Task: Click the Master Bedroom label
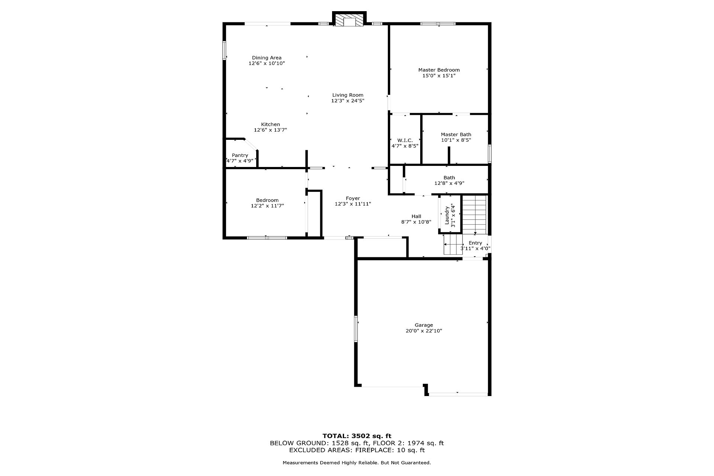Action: [439, 70]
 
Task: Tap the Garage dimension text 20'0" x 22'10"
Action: [424, 331]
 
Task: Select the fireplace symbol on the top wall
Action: [350, 20]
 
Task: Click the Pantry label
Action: [240, 155]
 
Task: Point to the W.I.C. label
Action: [405, 141]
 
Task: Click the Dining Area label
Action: [267, 58]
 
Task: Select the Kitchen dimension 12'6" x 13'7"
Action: [270, 130]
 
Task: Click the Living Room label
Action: [348, 95]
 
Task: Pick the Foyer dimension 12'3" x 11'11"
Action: [353, 204]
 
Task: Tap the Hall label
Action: [416, 216]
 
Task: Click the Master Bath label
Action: [456, 135]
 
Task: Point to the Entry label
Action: [475, 243]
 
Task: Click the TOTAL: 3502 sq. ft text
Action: [357, 436]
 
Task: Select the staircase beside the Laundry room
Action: [474, 214]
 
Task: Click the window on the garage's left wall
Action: [356, 329]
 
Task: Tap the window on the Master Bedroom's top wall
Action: [438, 24]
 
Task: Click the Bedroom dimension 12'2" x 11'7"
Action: [267, 206]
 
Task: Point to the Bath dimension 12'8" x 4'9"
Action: [449, 183]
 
